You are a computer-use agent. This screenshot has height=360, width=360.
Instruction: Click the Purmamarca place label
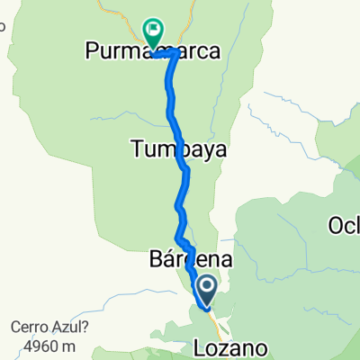click(x=153, y=53)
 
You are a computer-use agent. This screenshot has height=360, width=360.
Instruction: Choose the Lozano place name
click(x=232, y=346)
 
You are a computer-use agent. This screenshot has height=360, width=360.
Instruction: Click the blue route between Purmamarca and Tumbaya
click(x=169, y=99)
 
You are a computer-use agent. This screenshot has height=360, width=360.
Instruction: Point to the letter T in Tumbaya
click(x=137, y=150)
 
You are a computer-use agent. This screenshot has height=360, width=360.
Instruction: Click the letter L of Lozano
click(x=200, y=346)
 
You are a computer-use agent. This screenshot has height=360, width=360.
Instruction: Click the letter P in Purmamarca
click(x=93, y=53)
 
